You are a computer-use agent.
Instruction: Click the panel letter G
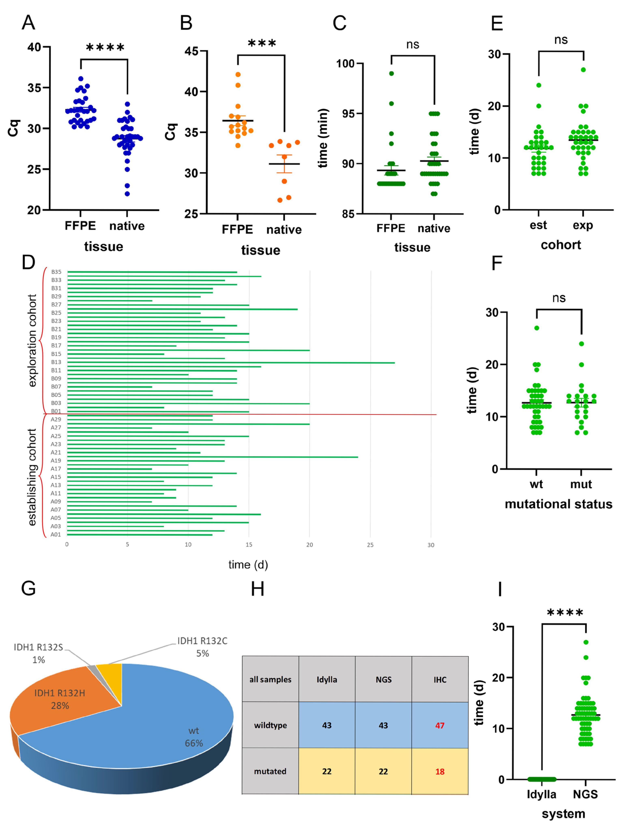[29, 588]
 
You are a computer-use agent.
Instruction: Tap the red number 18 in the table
[440, 771]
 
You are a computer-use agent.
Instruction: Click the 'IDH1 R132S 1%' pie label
[39, 654]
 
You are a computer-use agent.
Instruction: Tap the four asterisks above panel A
[105, 48]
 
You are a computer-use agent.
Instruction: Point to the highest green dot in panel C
[391, 73]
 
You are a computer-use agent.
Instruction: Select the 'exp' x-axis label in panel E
[583, 225]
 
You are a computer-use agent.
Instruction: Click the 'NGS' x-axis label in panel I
[585, 794]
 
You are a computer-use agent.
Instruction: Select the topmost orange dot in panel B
[238, 74]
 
